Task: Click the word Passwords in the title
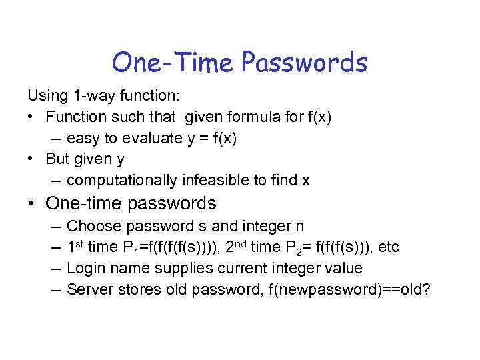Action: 304,63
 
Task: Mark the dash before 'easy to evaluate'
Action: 55,138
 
